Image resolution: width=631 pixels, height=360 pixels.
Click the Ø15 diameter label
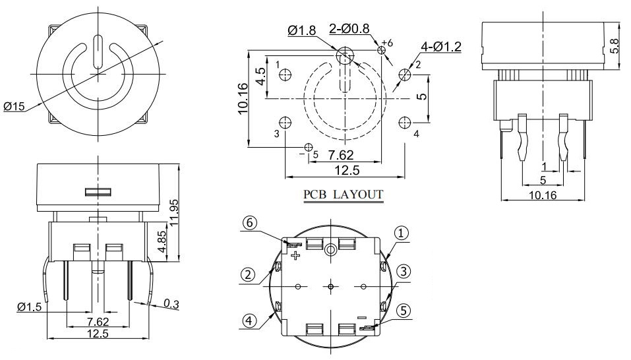click(15, 106)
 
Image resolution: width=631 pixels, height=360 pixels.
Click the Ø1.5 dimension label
click(31, 307)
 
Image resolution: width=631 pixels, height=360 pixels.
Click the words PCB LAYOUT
click(343, 195)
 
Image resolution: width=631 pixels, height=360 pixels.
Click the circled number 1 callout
click(402, 232)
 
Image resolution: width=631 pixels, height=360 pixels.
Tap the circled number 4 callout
click(248, 322)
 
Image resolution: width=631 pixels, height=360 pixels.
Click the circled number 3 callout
click(404, 270)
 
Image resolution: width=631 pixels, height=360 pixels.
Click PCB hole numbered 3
click(285, 123)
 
